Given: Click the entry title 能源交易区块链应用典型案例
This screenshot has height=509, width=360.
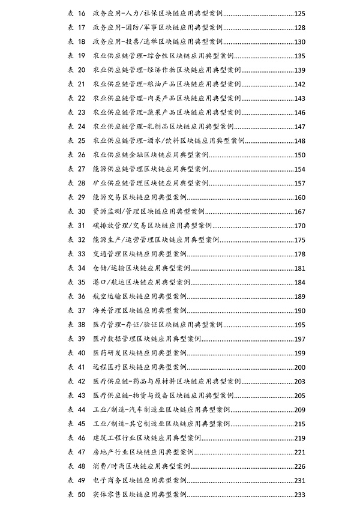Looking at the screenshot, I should (140, 197).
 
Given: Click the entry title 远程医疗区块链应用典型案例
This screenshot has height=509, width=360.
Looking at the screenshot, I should (140, 367).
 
